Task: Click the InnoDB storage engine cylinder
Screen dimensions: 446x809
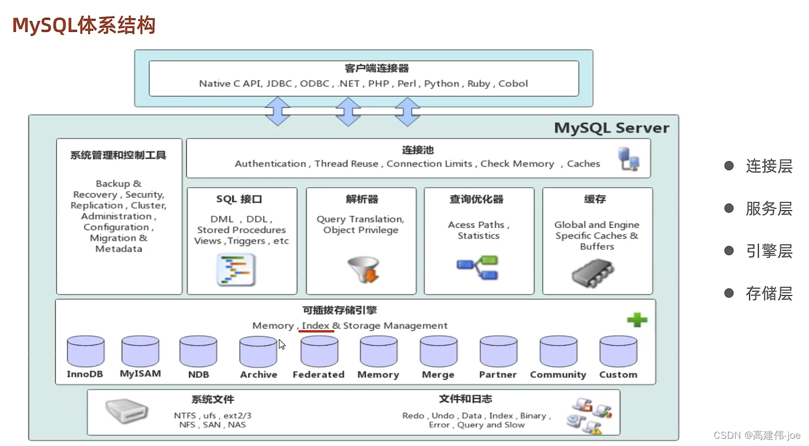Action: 85,351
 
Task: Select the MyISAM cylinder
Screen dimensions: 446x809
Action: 140,351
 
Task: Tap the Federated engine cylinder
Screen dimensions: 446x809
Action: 320,351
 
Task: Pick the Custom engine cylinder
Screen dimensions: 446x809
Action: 618,351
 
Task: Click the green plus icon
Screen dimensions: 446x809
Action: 637,320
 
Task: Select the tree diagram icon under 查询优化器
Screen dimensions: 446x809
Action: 477,268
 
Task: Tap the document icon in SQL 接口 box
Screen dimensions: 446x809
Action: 236,270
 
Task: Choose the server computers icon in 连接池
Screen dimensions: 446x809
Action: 628,158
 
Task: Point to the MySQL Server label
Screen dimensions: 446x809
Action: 611,128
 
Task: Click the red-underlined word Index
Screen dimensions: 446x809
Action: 316,326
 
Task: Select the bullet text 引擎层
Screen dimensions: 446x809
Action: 769,251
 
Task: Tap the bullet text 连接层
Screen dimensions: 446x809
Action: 769,166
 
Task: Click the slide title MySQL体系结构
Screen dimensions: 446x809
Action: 84,25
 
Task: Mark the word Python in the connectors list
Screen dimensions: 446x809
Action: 442,84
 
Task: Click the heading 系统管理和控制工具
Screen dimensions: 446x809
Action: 118,155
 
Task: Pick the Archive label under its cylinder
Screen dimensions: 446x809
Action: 258,375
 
